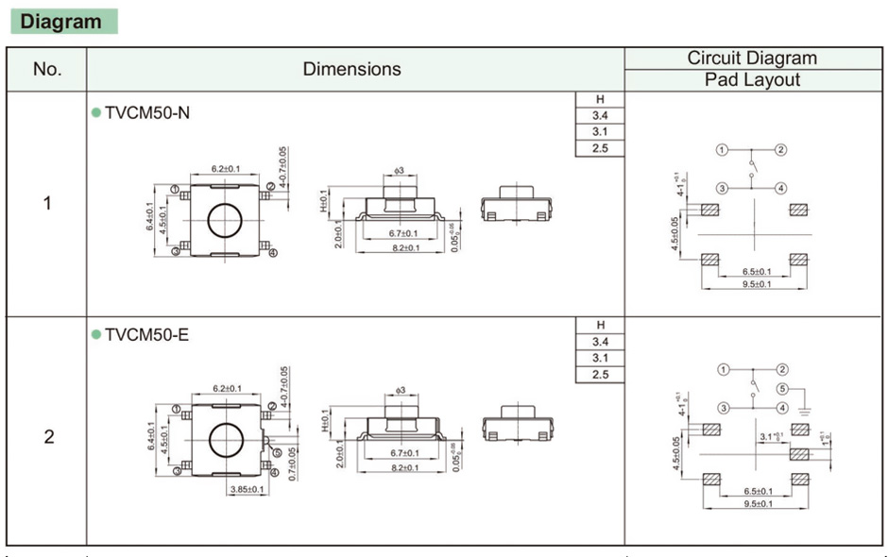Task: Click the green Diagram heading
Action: coord(61,22)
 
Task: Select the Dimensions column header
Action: coord(351,69)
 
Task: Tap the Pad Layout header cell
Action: coord(752,80)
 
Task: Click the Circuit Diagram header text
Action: coord(752,58)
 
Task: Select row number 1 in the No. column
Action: coord(47,203)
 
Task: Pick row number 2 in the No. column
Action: coord(47,436)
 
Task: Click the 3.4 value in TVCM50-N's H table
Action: coord(599,115)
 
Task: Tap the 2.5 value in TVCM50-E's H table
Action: coord(599,375)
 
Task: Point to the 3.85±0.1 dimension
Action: coord(248,489)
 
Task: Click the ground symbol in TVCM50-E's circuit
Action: coord(803,409)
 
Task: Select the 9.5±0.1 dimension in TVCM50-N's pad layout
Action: coord(756,284)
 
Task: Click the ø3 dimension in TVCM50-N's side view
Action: coord(399,171)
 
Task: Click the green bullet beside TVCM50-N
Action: coord(95,112)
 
